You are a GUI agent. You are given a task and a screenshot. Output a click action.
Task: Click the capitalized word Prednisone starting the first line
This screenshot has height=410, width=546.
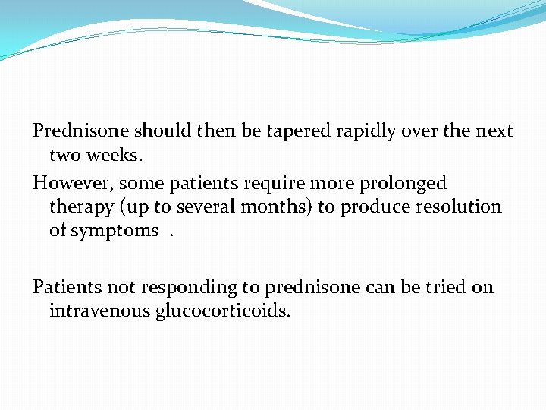click(78, 131)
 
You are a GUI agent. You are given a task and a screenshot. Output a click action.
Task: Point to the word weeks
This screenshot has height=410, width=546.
click(115, 155)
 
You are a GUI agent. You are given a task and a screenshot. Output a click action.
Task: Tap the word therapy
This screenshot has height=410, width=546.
click(79, 207)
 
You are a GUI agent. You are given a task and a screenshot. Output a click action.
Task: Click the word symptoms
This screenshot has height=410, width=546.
click(115, 230)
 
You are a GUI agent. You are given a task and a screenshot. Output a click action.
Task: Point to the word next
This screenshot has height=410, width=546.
click(495, 131)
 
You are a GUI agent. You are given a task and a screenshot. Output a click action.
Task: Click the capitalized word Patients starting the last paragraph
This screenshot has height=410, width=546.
click(65, 287)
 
